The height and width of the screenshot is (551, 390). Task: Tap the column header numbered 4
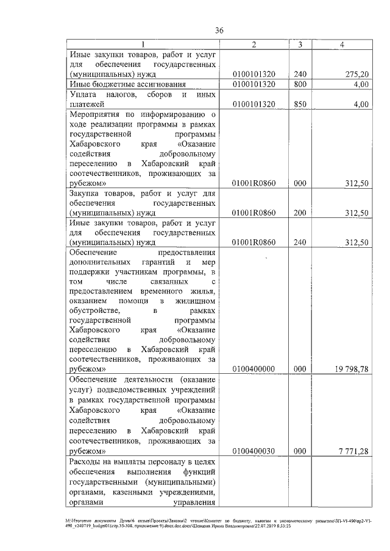point(343,44)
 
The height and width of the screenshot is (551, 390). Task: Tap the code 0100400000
point(254,368)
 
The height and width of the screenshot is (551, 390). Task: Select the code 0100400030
point(254,451)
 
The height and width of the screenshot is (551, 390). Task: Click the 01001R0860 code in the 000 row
point(254,183)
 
